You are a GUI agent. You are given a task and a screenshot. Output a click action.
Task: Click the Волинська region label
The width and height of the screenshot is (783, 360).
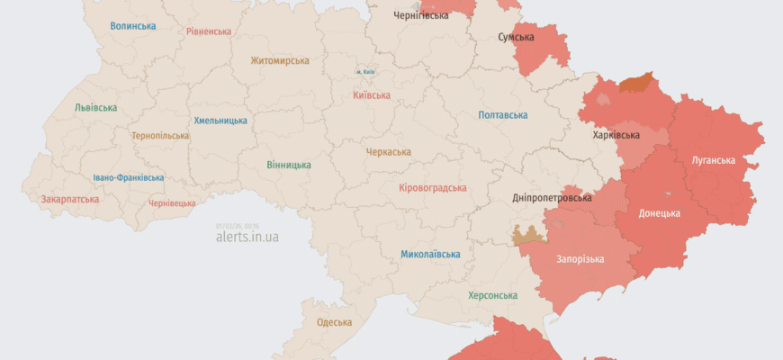[x=133, y=26]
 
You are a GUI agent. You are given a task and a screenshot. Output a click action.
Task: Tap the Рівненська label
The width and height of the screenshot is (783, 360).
[x=209, y=31]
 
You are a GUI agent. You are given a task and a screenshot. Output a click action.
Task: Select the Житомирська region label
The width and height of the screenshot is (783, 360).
[x=280, y=61]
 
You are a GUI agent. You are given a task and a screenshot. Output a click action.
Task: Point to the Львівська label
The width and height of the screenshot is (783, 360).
[x=95, y=108]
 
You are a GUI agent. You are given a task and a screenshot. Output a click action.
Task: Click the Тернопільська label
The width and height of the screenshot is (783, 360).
[x=160, y=136]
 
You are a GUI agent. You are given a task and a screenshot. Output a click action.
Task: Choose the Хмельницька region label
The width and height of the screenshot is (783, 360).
[x=220, y=121]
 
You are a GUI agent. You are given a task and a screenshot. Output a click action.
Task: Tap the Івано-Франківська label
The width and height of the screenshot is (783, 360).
[x=129, y=178]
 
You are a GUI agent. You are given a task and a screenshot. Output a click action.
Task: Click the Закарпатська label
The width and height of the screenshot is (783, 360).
[x=70, y=199]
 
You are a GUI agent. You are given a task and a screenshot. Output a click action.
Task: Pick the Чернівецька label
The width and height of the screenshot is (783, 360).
[x=171, y=203]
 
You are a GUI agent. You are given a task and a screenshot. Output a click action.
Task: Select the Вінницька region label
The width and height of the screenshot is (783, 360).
[x=289, y=166]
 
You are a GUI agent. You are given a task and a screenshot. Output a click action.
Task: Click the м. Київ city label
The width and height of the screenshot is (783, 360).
[x=364, y=72]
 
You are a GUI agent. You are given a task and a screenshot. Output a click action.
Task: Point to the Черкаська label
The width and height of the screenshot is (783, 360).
[x=388, y=152]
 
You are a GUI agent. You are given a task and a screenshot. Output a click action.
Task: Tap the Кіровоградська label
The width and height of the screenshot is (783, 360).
[x=432, y=188]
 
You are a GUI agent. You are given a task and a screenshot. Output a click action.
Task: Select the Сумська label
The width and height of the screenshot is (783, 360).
[x=516, y=38]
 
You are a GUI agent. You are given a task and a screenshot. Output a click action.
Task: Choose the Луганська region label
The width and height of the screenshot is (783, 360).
[x=713, y=161]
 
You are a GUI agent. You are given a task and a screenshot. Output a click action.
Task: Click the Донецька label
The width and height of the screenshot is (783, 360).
[x=659, y=213]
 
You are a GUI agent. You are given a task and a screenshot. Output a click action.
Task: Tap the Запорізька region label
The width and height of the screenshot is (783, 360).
[x=580, y=259]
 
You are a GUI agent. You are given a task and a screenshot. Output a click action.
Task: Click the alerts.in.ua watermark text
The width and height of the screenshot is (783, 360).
[x=247, y=238]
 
